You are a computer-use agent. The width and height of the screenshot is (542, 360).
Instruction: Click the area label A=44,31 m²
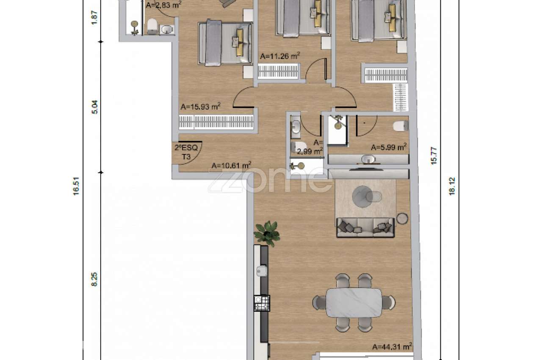pos(392,346)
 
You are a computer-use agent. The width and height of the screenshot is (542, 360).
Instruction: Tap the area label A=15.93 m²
pos(200,106)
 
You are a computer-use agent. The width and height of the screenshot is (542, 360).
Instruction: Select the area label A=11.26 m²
pos(280,56)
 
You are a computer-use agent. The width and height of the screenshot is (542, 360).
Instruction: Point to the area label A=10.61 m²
pos(231,166)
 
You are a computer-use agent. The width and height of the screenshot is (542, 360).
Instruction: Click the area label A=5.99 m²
pos(389,147)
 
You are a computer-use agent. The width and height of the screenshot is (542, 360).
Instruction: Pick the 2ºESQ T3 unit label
pos(186,152)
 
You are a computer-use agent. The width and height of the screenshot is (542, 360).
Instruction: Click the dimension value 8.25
pos(94,280)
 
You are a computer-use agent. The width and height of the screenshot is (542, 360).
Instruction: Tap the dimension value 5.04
pos(94,107)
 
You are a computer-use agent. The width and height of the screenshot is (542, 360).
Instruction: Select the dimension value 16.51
pos(76,186)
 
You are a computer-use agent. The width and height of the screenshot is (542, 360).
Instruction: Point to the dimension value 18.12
pos(452,186)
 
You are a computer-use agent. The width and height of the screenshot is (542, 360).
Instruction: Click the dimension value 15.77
pos(434,156)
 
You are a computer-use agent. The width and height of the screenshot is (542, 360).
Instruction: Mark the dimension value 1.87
pos(94,17)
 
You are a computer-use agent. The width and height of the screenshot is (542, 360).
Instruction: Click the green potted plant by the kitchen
pos(267,233)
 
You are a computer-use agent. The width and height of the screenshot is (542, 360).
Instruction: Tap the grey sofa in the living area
pos(365,227)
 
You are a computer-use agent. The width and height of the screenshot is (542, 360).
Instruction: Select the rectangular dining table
pos(354,302)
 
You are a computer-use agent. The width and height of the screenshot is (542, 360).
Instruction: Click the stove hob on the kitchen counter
pos(262,303)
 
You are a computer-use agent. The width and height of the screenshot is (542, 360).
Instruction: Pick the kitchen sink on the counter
pos(262,271)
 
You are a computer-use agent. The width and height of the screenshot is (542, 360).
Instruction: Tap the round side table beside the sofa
pos(402,218)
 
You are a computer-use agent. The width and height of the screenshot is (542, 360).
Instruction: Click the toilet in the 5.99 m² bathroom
pos(401,126)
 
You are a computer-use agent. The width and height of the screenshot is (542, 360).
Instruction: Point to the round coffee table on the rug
pos(362,197)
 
